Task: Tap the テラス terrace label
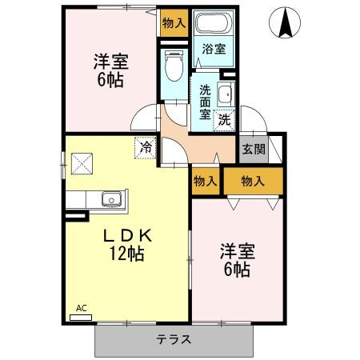173,339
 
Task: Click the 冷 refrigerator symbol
145,147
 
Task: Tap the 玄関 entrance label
254,148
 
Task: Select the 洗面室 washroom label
205,102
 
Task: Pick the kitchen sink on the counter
109,199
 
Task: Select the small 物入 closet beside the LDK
206,182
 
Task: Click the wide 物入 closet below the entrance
253,182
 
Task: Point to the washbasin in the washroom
225,94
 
